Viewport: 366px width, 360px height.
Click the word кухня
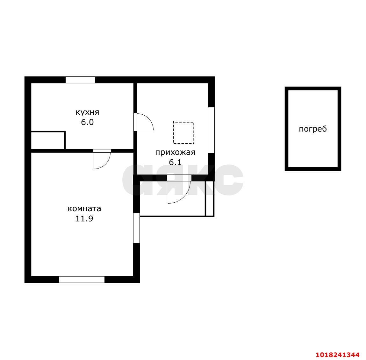point(87,112)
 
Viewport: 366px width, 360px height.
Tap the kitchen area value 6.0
point(87,122)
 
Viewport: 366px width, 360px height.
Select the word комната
point(84,208)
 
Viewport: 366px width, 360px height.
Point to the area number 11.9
point(84,219)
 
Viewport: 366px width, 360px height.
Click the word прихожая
point(175,153)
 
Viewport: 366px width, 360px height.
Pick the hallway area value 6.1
point(175,162)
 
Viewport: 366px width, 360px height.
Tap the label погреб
point(313,129)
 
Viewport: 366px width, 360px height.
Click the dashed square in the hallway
point(183,122)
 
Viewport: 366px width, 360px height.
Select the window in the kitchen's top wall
point(80,80)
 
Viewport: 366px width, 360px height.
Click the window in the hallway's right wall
point(211,130)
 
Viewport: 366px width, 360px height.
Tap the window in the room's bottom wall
point(82,279)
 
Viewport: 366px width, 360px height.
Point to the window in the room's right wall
point(137,228)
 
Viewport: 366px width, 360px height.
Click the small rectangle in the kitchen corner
point(48,140)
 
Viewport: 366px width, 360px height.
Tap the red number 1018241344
point(338,355)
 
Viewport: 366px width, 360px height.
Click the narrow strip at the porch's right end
point(210,199)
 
